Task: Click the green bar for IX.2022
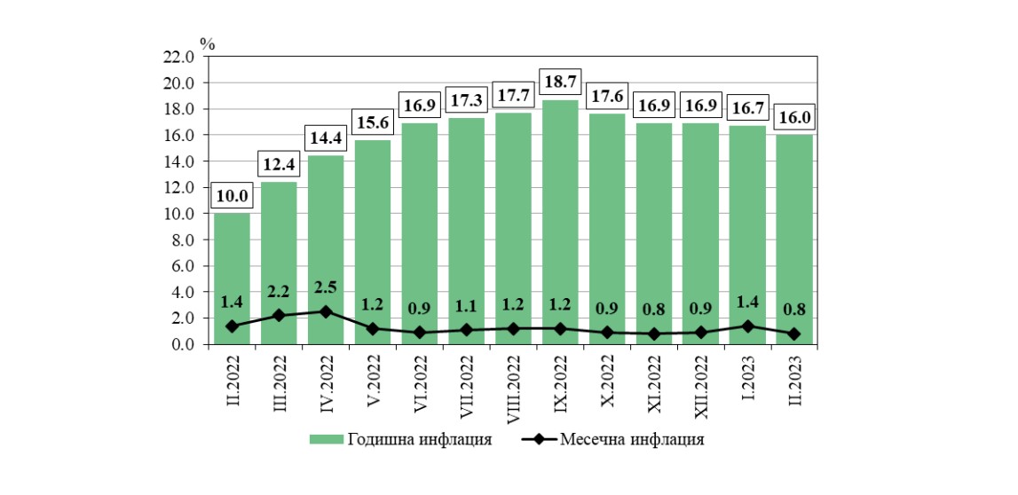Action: tap(559, 222)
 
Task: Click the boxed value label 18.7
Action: tap(559, 81)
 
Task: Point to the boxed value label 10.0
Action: tap(232, 195)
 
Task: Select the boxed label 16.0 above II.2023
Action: tap(793, 116)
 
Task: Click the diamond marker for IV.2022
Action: tap(326, 311)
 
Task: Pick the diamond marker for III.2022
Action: tap(279, 315)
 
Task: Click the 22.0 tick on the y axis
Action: tap(180, 57)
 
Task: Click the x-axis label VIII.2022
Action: tap(513, 385)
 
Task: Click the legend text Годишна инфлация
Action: tap(419, 440)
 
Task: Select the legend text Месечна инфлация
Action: tap(633, 440)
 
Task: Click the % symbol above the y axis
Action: tap(208, 42)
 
